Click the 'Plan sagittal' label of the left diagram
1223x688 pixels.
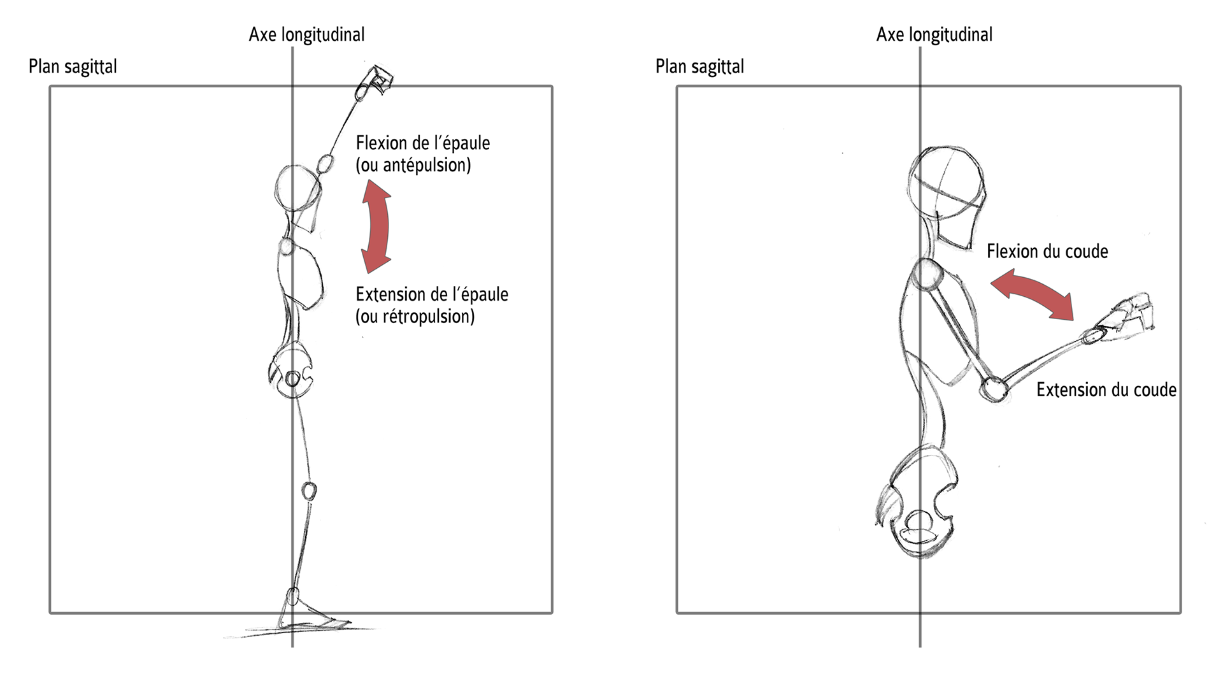click(x=73, y=67)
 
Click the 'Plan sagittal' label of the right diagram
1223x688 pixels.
click(x=699, y=67)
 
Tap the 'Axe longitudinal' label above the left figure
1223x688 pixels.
click(x=306, y=34)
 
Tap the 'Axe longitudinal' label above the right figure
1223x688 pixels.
click(x=934, y=34)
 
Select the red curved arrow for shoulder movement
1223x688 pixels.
click(x=376, y=226)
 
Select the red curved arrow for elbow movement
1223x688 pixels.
click(x=1033, y=292)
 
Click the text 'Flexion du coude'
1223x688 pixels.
click(x=1047, y=252)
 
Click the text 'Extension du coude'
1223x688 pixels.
click(x=1106, y=390)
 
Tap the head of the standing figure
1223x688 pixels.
click(x=297, y=189)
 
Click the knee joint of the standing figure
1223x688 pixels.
click(x=309, y=491)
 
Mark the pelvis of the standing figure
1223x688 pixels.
click(x=292, y=374)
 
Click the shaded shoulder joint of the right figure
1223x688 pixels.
click(x=928, y=275)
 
